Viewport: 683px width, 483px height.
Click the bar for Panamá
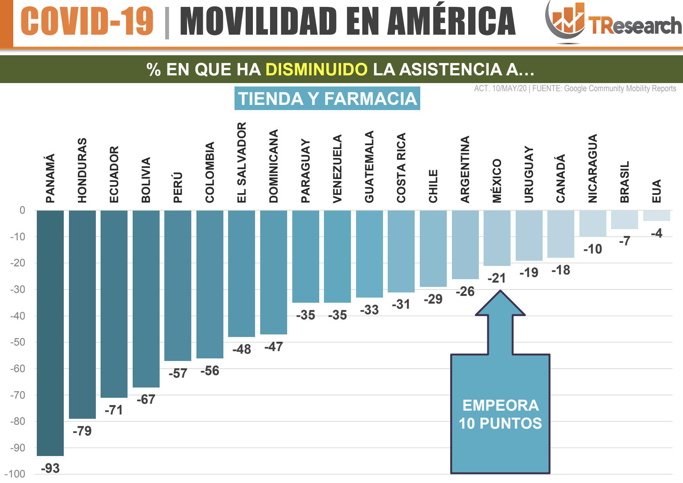(50, 333)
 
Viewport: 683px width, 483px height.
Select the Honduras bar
(82, 314)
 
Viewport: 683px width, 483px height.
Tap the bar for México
(497, 238)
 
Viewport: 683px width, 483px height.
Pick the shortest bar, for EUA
(656, 215)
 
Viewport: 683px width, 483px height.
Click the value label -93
(50, 468)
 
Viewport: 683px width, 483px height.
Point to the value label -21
(496, 278)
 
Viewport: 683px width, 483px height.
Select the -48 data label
(241, 349)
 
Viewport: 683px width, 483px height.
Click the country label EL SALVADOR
(242, 162)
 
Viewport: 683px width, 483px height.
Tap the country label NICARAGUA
(592, 168)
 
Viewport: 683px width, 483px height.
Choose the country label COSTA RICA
(401, 168)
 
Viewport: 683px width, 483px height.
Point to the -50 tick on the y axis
(18, 342)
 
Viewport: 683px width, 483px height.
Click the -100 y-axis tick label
(15, 474)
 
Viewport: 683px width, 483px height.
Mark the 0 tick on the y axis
(22, 210)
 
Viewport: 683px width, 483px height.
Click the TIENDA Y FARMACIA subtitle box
(327, 98)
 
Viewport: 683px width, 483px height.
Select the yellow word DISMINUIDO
(316, 69)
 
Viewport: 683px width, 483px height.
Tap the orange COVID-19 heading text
(87, 21)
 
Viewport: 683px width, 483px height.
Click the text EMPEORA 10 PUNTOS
(500, 414)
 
